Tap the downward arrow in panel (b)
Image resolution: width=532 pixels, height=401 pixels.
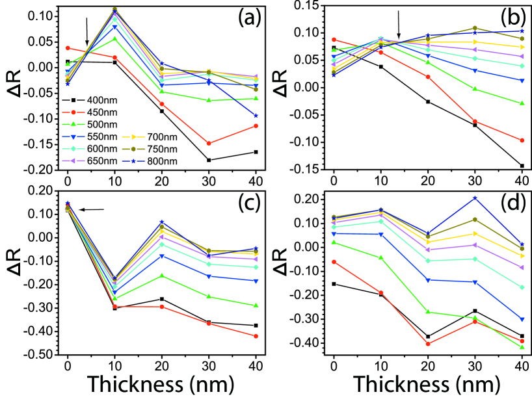tap(399, 29)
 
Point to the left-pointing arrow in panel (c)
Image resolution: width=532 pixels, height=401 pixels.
tap(90, 209)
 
